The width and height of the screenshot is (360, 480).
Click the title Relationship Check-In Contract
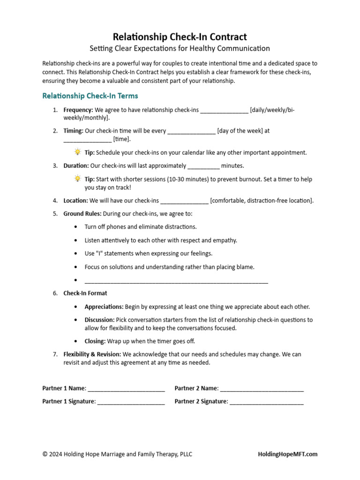(x=180, y=37)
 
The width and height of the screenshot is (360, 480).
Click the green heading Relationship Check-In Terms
(x=90, y=96)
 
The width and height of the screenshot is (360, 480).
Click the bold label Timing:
(x=74, y=131)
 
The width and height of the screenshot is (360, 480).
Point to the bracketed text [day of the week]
(x=240, y=131)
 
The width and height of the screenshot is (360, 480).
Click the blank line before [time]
(x=88, y=140)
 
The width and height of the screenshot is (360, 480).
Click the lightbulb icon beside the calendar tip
(x=77, y=152)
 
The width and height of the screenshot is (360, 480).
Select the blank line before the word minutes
(x=203, y=166)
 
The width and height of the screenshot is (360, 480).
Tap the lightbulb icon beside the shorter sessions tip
(x=77, y=179)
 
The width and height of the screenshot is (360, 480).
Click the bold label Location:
(x=75, y=201)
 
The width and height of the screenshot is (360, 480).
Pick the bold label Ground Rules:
(x=82, y=214)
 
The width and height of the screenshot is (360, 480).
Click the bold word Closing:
(x=95, y=341)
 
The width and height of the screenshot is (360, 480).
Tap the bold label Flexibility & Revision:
(x=92, y=354)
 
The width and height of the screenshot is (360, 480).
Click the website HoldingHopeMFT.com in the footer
(x=288, y=454)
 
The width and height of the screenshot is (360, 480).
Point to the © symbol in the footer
(x=45, y=454)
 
